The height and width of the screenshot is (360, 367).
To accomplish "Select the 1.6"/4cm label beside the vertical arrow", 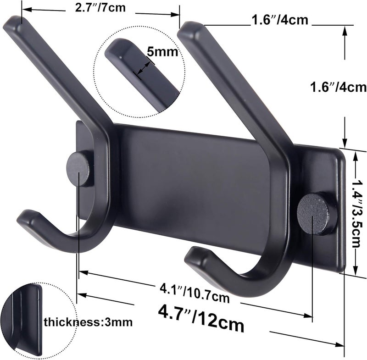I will coord(337,87).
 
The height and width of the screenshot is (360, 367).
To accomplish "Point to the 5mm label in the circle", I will coord(157,52).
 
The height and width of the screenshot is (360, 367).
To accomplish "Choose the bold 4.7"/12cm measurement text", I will coord(200,319).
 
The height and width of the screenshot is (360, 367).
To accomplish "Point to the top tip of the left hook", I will coord(14,23).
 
